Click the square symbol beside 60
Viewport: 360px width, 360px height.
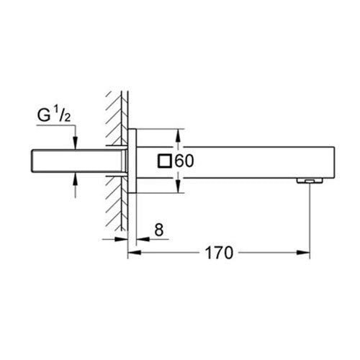(165, 162)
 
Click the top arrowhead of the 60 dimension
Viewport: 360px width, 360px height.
(178, 134)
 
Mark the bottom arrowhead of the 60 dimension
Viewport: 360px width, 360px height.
(178, 190)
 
